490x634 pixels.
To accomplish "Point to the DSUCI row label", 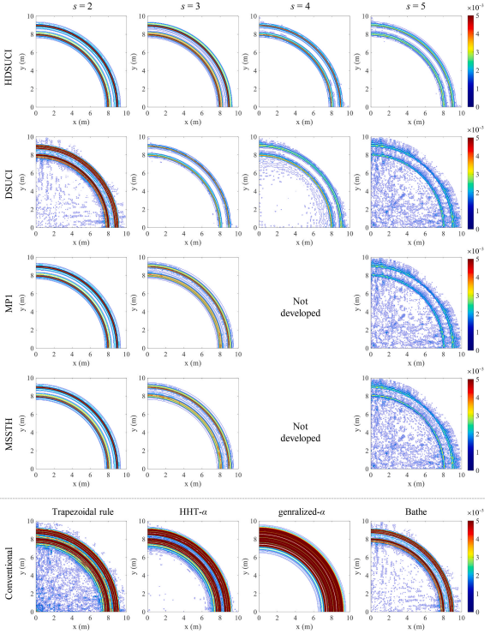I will (8, 182).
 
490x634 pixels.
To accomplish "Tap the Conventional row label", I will (8, 566).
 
